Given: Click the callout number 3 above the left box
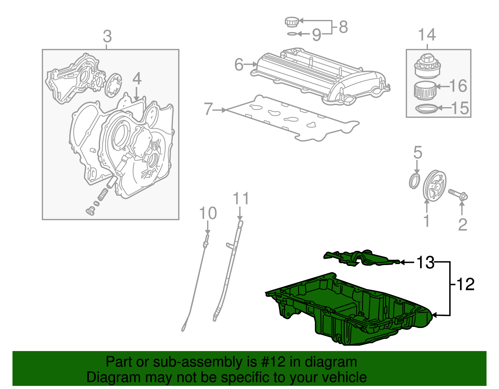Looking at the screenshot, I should pyautogui.click(x=107, y=36).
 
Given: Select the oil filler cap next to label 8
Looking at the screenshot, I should pyautogui.click(x=292, y=22).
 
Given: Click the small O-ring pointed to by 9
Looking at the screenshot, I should pyautogui.click(x=292, y=34).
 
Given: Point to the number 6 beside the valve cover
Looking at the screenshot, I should pyautogui.click(x=239, y=65).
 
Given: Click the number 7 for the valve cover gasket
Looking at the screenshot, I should pyautogui.click(x=208, y=109).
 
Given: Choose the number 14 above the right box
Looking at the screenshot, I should pyautogui.click(x=427, y=35).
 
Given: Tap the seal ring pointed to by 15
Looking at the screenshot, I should pyautogui.click(x=426, y=109).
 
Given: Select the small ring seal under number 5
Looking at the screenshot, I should pyautogui.click(x=414, y=181).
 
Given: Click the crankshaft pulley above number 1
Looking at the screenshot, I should pyautogui.click(x=434, y=186).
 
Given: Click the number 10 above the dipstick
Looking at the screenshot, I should pyautogui.click(x=208, y=214).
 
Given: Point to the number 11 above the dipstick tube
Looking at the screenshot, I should pyautogui.click(x=241, y=199).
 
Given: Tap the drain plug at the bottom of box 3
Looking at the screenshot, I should pyautogui.click(x=90, y=211).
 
